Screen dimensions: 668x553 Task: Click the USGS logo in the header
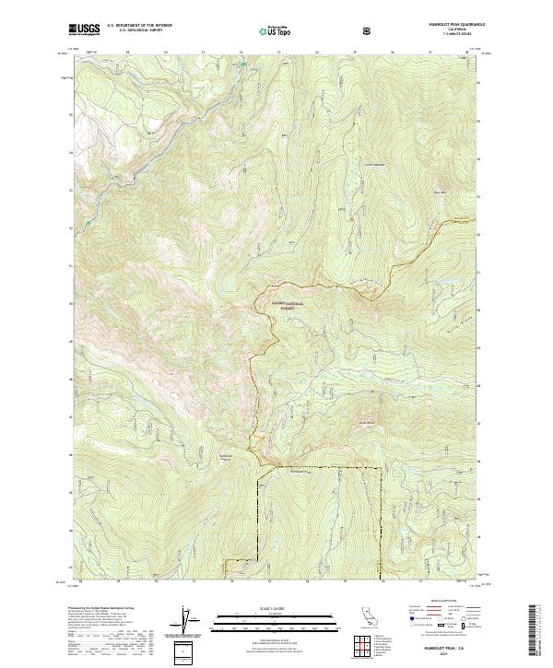tap(84, 29)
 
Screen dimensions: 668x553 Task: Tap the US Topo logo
tap(266, 29)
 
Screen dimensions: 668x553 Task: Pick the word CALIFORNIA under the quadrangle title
tap(454, 30)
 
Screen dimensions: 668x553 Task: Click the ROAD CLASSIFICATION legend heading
tap(439, 606)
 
